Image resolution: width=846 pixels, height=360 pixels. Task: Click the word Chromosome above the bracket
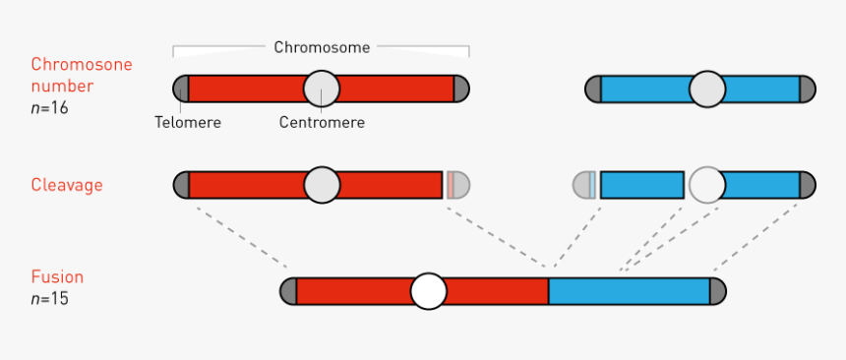[322, 47]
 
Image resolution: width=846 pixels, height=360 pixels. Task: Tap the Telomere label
[187, 123]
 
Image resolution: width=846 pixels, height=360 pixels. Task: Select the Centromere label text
[322, 123]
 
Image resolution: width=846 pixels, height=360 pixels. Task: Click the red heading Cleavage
[67, 185]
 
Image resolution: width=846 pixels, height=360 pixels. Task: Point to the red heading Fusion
[57, 277]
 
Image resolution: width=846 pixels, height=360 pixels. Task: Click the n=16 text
[50, 108]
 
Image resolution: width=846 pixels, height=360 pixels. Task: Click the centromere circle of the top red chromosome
[322, 89]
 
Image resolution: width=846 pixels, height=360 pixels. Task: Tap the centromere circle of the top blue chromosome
[706, 90]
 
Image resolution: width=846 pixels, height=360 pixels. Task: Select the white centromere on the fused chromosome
[428, 291]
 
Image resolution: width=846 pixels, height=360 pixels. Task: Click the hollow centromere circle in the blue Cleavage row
[706, 184]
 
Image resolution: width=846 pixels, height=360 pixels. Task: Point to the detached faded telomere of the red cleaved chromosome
[457, 185]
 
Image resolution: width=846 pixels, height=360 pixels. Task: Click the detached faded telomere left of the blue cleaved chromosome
[584, 185]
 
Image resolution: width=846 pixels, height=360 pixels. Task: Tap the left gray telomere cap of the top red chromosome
[181, 89]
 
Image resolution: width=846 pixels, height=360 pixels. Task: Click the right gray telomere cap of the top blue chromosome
[807, 90]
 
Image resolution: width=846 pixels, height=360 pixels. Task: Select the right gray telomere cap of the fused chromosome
[717, 291]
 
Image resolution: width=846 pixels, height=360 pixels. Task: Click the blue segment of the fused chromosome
[628, 291]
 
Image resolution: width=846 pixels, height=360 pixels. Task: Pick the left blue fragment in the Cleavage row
[641, 185]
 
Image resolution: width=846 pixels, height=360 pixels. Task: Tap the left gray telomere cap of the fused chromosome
[288, 291]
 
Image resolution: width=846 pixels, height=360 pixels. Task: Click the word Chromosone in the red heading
[81, 65]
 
